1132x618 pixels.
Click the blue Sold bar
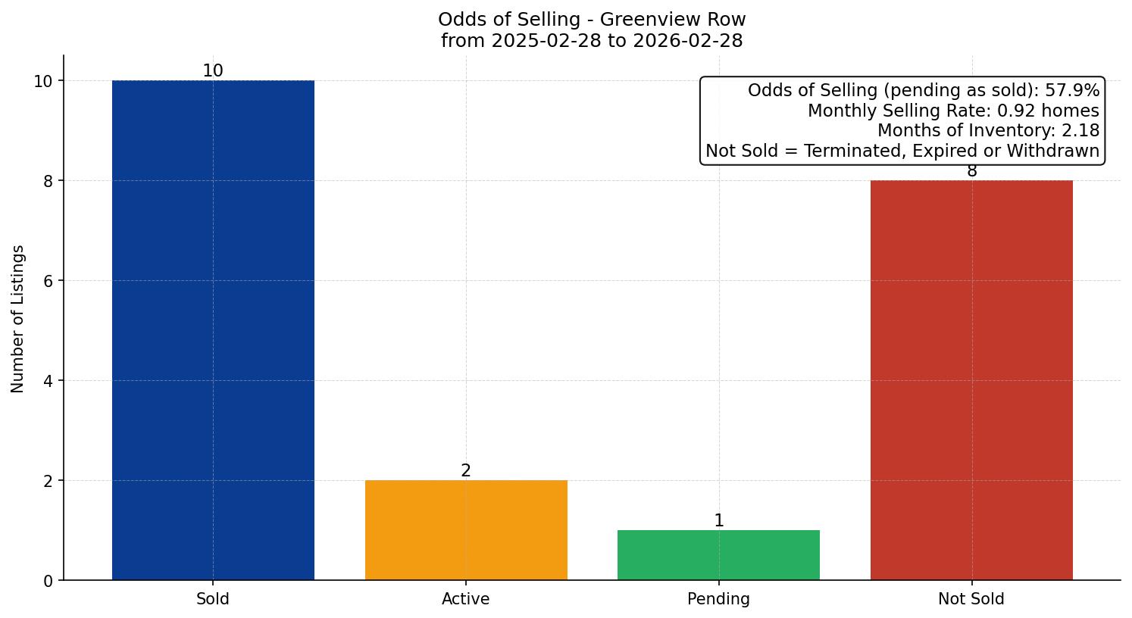pos(213,330)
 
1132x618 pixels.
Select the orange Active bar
pos(466,530)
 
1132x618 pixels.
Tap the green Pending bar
pos(718,555)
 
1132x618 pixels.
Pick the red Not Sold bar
pos(971,380)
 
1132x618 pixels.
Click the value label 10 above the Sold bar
pos(213,71)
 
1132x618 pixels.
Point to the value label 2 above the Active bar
pos(466,471)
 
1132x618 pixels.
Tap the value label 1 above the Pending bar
pos(718,521)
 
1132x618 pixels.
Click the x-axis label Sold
pos(213,599)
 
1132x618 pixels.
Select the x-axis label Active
pos(466,599)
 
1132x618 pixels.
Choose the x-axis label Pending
pos(718,599)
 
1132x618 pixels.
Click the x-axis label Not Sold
pos(971,599)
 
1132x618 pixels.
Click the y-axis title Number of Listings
pos(18,318)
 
